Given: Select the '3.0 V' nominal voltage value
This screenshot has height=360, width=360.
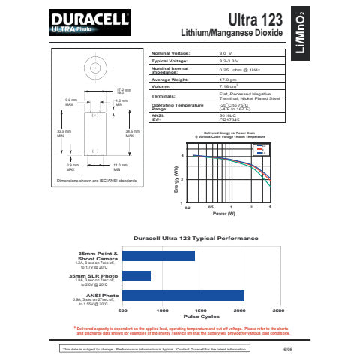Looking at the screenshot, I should pos(225,54).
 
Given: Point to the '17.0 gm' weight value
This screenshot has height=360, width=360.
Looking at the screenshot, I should pos(228,78).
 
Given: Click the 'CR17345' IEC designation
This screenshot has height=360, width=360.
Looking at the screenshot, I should pos(229,120).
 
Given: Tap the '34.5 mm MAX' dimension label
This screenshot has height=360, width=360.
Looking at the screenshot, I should pos(129,133).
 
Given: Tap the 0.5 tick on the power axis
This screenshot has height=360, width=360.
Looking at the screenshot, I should pos(211,206).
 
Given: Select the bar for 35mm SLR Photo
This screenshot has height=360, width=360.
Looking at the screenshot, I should pos(136,276).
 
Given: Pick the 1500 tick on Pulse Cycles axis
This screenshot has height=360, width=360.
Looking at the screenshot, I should pos(200,310).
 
